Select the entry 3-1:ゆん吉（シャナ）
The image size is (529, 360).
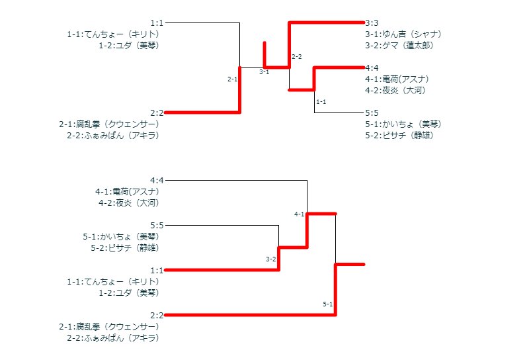point(403,34)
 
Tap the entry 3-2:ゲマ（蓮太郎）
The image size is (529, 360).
point(399,45)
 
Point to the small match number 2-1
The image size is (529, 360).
point(232,79)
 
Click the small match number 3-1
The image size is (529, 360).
point(264,71)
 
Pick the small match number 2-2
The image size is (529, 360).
point(296,57)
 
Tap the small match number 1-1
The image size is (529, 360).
point(321,102)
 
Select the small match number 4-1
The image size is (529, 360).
point(299,214)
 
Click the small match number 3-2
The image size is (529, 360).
point(270,259)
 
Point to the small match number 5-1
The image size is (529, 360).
point(327,304)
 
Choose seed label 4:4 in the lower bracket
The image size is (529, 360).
point(157,180)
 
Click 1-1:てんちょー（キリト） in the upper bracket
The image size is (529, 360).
point(113,34)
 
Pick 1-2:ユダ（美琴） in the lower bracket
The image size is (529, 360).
point(128,292)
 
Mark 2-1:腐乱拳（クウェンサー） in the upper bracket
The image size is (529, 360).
point(108,124)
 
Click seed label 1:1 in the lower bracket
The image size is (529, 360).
point(157,270)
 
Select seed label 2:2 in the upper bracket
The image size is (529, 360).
point(157,112)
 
